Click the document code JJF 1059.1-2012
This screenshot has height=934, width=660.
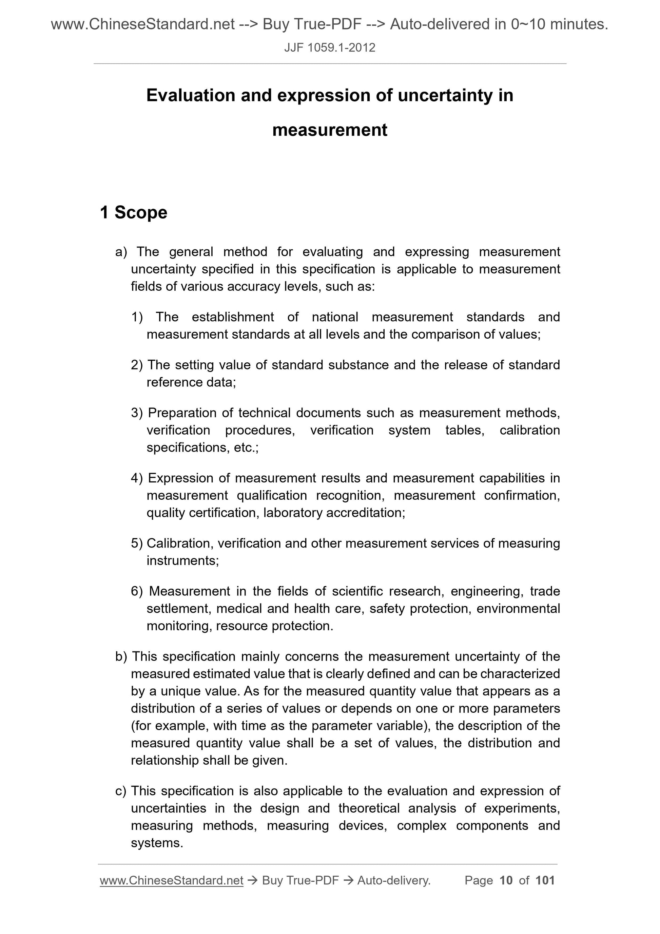[x=329, y=47]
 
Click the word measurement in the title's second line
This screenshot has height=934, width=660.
[x=329, y=130]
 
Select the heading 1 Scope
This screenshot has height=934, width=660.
[x=133, y=212]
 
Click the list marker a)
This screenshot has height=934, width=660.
[x=121, y=252]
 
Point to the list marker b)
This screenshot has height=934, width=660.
[x=121, y=656]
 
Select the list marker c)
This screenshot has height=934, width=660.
[x=121, y=790]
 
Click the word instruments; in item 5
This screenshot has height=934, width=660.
[x=182, y=560]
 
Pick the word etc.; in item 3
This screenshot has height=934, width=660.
[x=246, y=447]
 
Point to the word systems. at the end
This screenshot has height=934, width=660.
[x=157, y=842]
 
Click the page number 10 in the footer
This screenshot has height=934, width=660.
[x=506, y=880]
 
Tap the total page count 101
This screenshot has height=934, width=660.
[x=545, y=880]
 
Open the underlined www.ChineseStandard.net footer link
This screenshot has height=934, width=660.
[x=171, y=880]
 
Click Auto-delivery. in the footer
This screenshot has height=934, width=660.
[x=394, y=880]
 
